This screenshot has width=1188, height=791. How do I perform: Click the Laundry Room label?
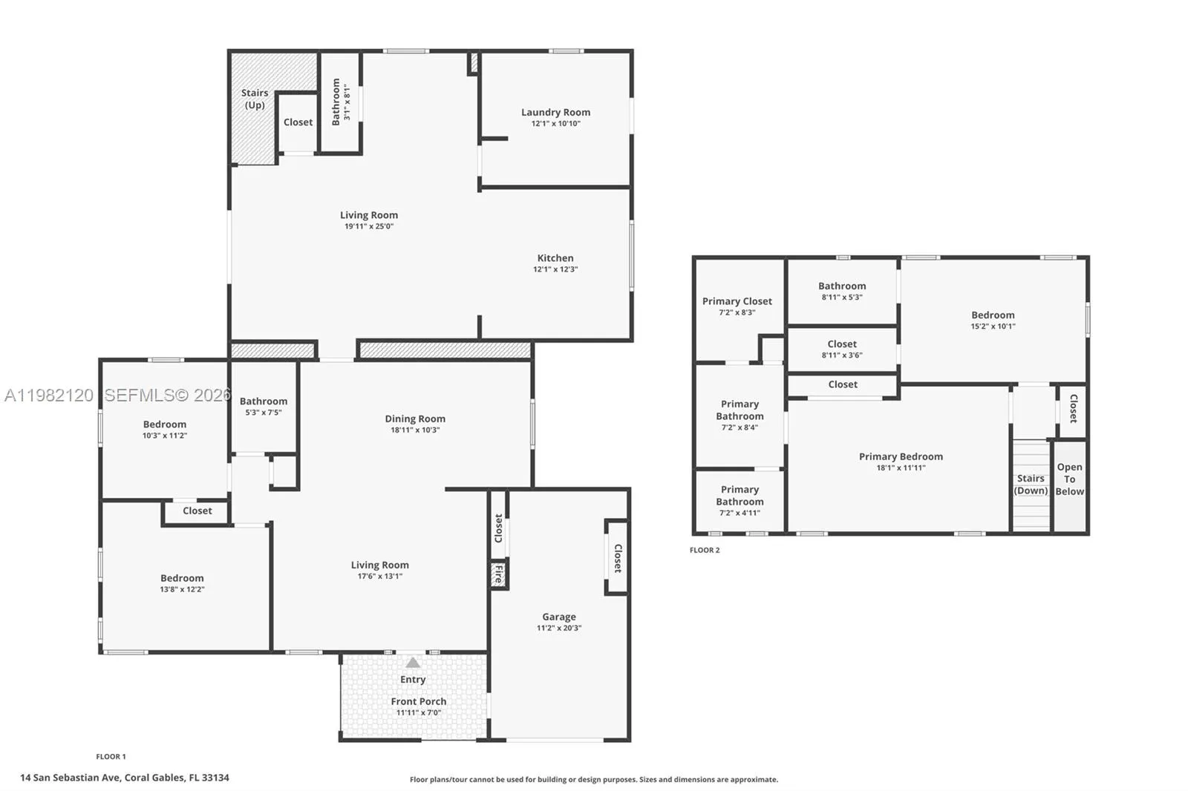[555, 112]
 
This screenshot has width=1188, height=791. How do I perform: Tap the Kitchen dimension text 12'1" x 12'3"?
[555, 269]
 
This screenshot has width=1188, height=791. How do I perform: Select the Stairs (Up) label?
[255, 99]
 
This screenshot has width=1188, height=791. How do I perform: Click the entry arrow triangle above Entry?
[413, 663]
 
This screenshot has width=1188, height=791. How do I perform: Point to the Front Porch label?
[419, 701]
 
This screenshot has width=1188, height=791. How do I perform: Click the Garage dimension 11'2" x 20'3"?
[559, 628]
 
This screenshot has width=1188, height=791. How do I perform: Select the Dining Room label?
[415, 419]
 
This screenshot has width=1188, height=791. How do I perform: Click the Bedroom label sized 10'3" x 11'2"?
[165, 424]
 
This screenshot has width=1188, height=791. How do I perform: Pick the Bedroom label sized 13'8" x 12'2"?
[182, 578]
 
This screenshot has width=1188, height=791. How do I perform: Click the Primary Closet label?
[737, 301]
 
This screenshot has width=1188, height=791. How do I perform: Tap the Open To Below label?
[1069, 479]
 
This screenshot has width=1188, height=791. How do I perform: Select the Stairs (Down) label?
[1031, 485]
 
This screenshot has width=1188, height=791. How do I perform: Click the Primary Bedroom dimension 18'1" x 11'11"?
[901, 467]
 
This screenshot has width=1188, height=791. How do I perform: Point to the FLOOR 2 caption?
[705, 550]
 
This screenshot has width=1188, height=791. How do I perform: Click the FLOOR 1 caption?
[111, 757]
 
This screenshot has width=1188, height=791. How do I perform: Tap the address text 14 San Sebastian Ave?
[71, 778]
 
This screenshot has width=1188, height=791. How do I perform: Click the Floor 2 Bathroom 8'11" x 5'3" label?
[842, 286]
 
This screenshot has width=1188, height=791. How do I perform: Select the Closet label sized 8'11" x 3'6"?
[842, 344]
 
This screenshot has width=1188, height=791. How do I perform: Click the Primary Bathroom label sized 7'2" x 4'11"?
[740, 496]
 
